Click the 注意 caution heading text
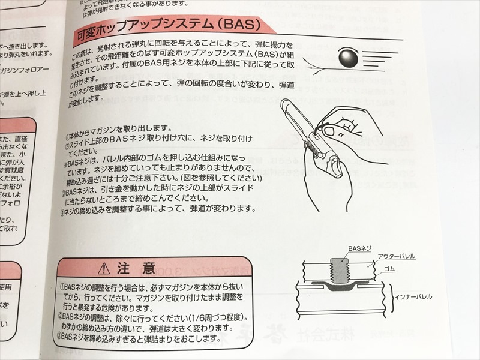point(137,266)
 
